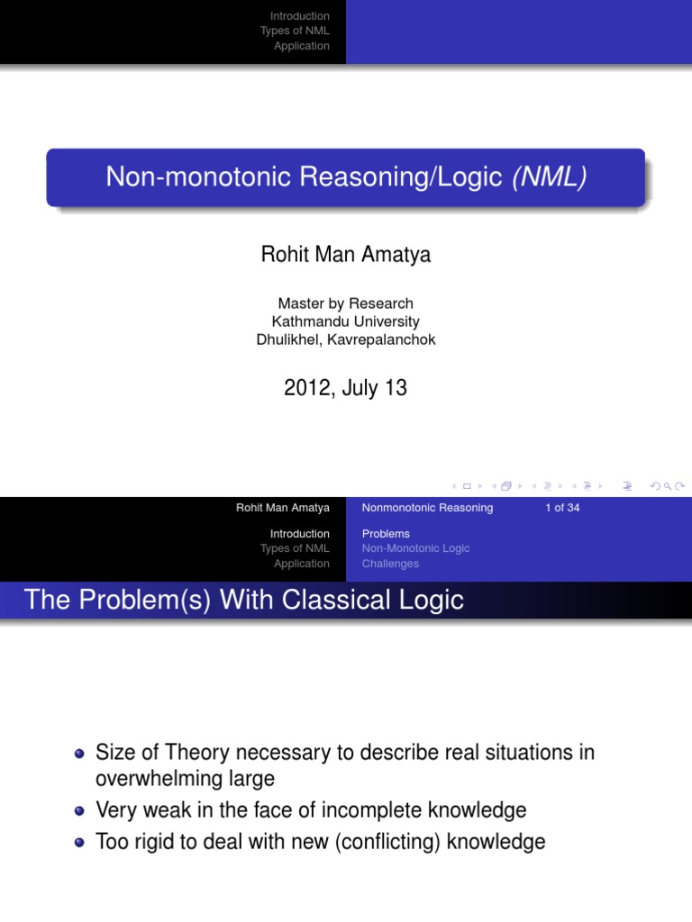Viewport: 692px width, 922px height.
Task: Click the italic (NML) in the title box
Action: [x=550, y=176]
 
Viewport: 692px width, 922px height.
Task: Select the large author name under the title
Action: [x=346, y=255]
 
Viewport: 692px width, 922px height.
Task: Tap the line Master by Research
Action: [x=346, y=303]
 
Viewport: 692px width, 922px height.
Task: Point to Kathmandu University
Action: [x=346, y=321]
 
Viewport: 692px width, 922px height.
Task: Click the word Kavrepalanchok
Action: [x=385, y=339]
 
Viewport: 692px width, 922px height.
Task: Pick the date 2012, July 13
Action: [x=346, y=388]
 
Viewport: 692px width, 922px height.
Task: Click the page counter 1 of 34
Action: [x=562, y=508]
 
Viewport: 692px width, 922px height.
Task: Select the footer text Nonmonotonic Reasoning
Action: [x=427, y=508]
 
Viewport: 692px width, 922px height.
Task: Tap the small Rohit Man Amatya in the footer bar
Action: [x=283, y=508]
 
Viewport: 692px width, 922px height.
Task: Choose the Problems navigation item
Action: [x=386, y=534]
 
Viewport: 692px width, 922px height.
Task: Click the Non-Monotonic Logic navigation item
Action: [x=415, y=548]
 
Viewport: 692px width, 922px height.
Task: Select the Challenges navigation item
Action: [x=390, y=564]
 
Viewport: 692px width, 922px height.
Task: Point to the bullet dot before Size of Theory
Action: [x=79, y=754]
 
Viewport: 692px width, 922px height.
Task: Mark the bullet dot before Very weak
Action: [x=79, y=811]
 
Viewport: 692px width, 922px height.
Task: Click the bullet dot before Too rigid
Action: [x=79, y=843]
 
